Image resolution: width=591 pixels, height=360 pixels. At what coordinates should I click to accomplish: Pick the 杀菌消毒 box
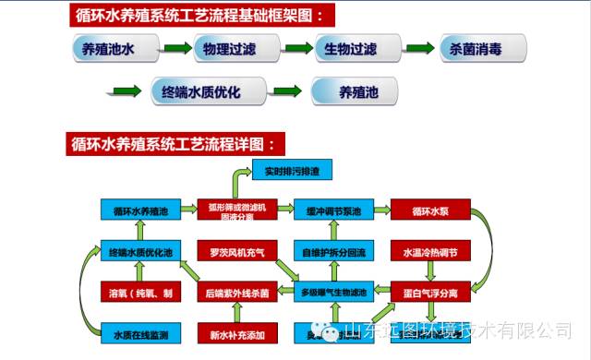coord(482,49)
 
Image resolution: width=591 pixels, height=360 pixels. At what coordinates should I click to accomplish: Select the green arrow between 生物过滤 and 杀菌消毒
coord(419,49)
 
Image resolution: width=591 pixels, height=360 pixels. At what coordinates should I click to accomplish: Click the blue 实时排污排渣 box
coord(292,172)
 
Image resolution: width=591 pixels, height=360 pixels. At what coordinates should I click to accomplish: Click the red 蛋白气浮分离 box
coord(430,293)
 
